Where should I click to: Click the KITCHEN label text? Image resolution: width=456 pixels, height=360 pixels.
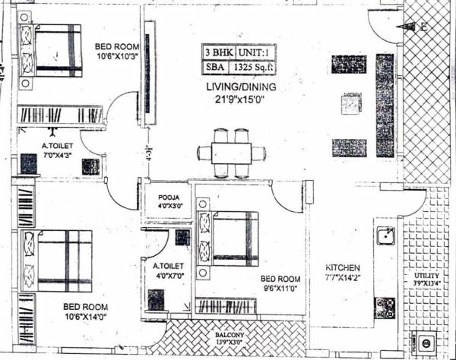tap(341, 269)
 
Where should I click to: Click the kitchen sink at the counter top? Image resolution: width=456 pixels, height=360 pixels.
tap(384, 237)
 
